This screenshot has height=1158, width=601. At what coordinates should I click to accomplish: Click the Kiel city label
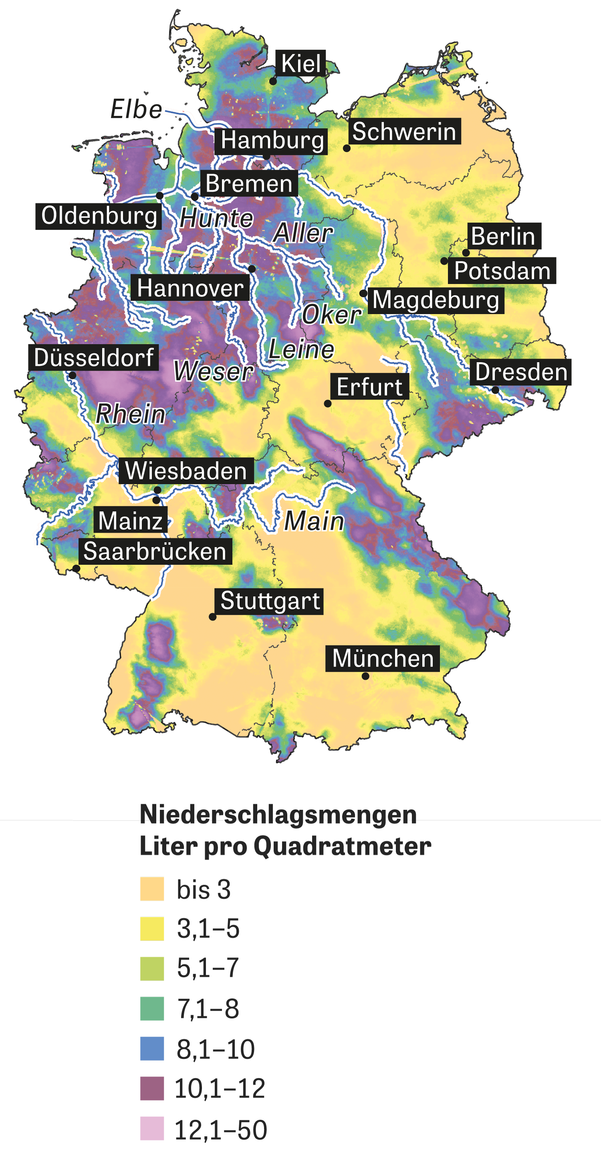tap(300, 63)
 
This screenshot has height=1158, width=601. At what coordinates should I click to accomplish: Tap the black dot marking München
tap(365, 676)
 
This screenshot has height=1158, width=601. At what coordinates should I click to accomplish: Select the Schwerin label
tap(404, 131)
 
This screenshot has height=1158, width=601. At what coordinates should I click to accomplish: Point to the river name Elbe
tap(136, 109)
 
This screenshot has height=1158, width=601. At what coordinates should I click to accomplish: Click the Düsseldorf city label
tap(93, 357)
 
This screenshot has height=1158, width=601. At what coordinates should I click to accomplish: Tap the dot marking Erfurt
tap(328, 404)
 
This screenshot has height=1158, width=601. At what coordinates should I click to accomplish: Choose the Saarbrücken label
tap(155, 551)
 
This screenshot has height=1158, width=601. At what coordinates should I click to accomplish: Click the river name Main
tap(314, 521)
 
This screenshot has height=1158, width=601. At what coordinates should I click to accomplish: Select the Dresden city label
tap(520, 372)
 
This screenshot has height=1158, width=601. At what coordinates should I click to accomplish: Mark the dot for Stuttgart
tap(212, 617)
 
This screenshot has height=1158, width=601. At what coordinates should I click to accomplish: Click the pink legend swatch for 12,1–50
tap(152, 1128)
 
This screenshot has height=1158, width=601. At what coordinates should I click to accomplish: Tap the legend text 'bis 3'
tap(204, 889)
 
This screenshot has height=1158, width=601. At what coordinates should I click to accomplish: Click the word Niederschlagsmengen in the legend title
tap(278, 814)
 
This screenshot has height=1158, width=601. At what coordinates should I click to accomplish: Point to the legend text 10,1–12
tap(220, 1089)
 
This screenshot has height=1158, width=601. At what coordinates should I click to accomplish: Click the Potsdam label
tap(502, 271)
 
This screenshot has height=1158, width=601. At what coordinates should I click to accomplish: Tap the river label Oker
tap(331, 314)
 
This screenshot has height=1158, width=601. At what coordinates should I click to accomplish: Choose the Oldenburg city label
tap(99, 216)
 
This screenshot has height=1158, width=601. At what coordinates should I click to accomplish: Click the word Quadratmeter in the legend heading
tap(342, 846)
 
